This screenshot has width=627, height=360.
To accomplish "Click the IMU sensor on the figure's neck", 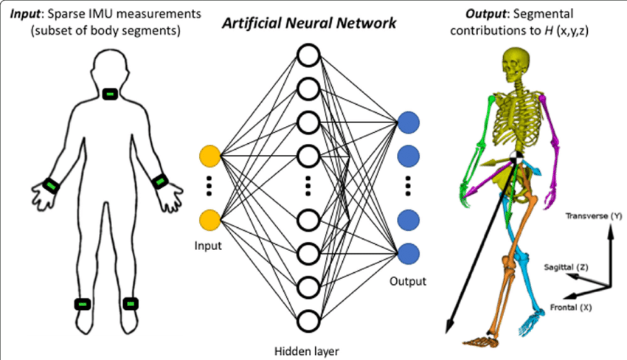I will click(109, 94).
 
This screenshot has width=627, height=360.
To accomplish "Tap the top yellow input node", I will click(210, 156).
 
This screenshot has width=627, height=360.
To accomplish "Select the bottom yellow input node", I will click(210, 220).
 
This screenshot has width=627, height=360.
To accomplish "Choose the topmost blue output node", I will click(408, 123).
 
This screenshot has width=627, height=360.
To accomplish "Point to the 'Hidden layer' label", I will click(308, 350).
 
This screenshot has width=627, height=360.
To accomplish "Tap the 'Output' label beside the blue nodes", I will click(409, 280).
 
